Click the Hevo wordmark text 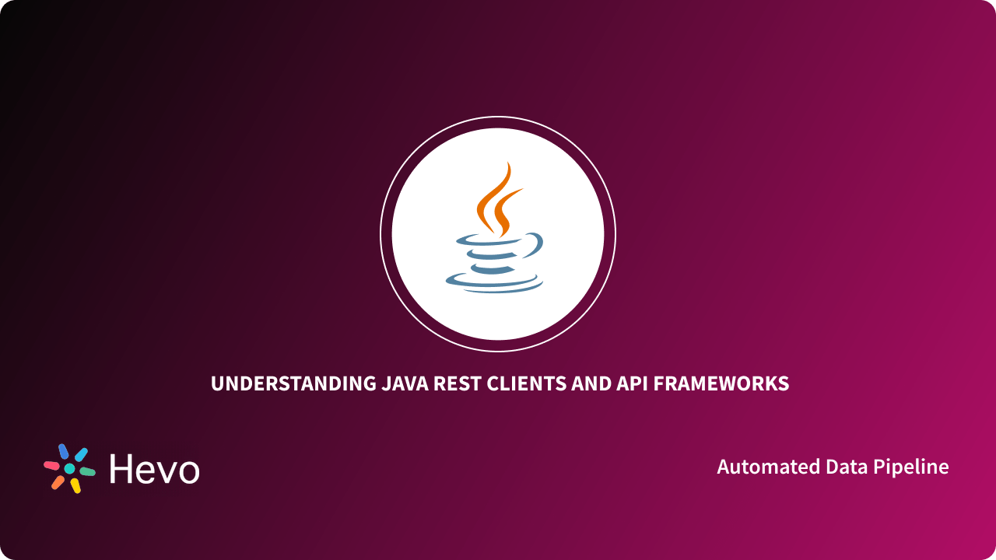pyautogui.click(x=154, y=469)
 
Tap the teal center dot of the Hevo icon pyautogui.click(x=69, y=469)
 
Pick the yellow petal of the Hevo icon pyautogui.click(x=75, y=485)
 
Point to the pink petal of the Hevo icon pyautogui.click(x=51, y=465)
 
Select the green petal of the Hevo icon pyautogui.click(x=87, y=471)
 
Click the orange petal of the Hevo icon pyautogui.click(x=58, y=482)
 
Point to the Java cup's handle pyautogui.click(x=535, y=246)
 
